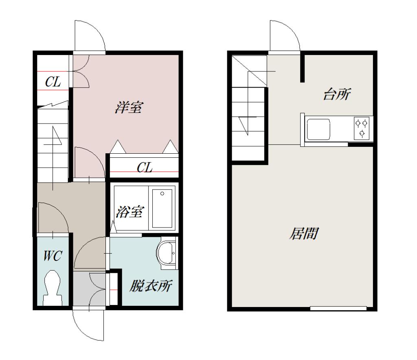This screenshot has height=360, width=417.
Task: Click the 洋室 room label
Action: pyautogui.click(x=129, y=107)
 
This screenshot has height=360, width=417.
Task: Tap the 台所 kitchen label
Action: pyautogui.click(x=337, y=94)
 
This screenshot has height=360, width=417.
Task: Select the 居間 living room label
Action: pyautogui.click(x=304, y=234)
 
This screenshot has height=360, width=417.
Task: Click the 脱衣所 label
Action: pyautogui.click(x=151, y=286)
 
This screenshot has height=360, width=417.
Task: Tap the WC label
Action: pyautogui.click(x=53, y=256)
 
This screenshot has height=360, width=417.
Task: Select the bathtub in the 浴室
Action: pyautogui.click(x=162, y=208)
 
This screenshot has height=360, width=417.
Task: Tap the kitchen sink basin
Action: pyautogui.click(x=318, y=129)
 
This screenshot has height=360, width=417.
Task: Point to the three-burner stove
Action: pyautogui.click(x=362, y=128)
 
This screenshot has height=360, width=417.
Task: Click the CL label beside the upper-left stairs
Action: pyautogui.click(x=53, y=82)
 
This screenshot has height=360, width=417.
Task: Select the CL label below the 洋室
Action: pyautogui.click(x=145, y=167)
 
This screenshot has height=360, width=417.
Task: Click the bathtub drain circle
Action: pyautogui.click(x=162, y=194)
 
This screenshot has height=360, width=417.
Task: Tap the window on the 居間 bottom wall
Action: pyautogui.click(x=338, y=308)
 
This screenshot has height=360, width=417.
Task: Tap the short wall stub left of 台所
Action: pyautogui.click(x=303, y=68)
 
